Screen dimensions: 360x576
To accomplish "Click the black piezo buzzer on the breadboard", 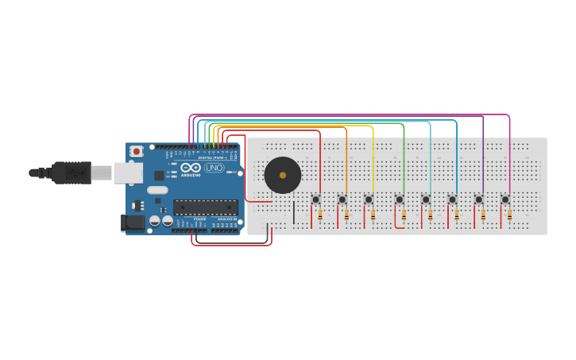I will coord(283,175).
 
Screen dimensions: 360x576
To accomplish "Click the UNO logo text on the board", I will coord(215,168).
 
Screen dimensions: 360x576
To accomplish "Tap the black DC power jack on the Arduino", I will coord(133,223).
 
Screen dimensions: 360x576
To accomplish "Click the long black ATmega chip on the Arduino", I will coord(205,207).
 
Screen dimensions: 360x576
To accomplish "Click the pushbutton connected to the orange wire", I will coord(342,199).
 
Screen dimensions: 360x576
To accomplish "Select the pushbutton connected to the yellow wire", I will coord(369,199).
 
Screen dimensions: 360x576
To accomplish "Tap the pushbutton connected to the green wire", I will coord(400,199).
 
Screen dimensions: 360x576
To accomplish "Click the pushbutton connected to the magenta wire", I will coord(505,199).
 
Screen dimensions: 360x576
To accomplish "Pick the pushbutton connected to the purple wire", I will coord(479,199).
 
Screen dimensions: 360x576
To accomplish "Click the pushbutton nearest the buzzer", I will coord(315,199).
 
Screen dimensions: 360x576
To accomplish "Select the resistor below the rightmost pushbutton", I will coord(509,215).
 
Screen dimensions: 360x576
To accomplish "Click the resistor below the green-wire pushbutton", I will coord(404,215).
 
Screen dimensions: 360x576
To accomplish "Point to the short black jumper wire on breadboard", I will coord(294,212).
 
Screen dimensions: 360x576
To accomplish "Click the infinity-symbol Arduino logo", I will coord(191,168).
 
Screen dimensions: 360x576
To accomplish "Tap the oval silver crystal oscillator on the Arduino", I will coord(157,190).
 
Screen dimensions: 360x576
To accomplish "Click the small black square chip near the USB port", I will coord(159,176).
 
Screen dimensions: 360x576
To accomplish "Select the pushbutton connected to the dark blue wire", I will coord(452,199).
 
